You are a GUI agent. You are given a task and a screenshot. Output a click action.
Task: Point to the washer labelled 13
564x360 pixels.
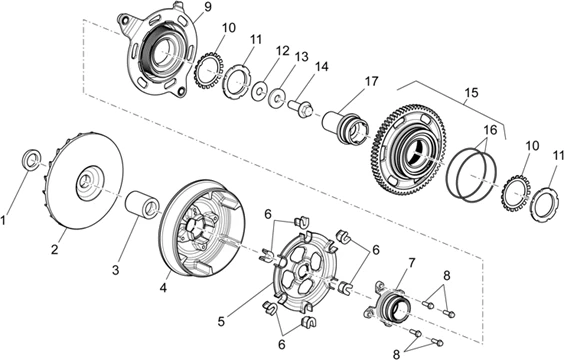[277, 98]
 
